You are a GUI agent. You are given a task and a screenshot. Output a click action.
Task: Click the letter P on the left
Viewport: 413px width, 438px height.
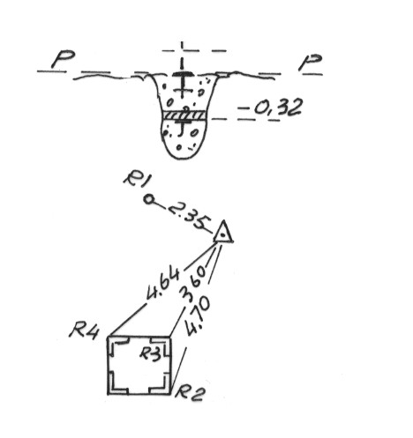pos(63,60)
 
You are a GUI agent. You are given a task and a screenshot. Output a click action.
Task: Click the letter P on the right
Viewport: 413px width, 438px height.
pos(310,63)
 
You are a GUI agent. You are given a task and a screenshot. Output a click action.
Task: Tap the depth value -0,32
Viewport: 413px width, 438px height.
pos(271,108)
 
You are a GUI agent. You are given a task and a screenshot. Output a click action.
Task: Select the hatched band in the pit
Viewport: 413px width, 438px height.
pos(185,115)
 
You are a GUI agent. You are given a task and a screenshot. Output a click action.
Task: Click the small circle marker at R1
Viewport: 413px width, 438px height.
pos(149,200)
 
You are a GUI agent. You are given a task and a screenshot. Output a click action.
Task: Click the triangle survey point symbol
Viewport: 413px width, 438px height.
pos(223,232)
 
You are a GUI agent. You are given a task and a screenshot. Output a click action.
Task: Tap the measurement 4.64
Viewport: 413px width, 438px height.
pos(163,284)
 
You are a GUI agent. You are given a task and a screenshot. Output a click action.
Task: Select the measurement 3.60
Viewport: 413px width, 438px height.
pos(192,284)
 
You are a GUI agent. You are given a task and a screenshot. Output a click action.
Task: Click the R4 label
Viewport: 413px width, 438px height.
pos(85,331)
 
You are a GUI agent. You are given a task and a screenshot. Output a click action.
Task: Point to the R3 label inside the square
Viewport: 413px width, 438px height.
pos(151,353)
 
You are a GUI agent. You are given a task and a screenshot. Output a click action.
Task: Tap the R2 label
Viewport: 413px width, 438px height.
pos(189,393)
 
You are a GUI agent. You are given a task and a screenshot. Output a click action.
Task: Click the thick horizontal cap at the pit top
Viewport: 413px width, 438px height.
pos(183,74)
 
